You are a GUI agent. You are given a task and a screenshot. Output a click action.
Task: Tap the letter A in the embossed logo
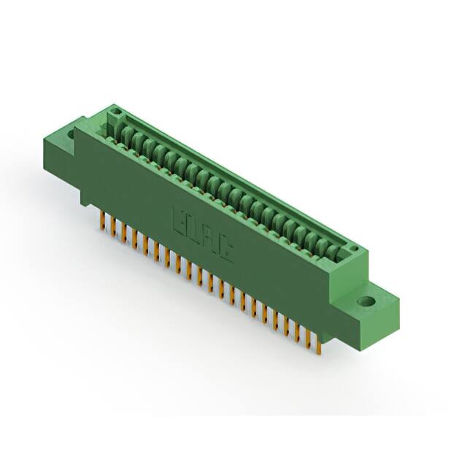(x=210, y=239)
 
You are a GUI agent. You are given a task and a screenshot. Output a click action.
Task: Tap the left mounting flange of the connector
(x=72, y=146)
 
